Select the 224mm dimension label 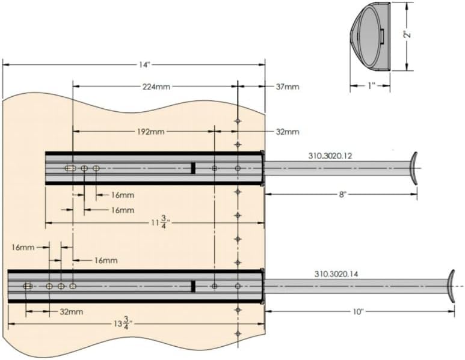coord(156,87)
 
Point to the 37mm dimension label coord(288,87)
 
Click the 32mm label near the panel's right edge coord(287,132)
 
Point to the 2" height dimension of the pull coord(407,34)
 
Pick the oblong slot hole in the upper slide coord(71,168)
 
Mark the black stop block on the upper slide coord(194,168)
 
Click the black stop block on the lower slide coord(194,286)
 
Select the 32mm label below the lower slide coord(71,312)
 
